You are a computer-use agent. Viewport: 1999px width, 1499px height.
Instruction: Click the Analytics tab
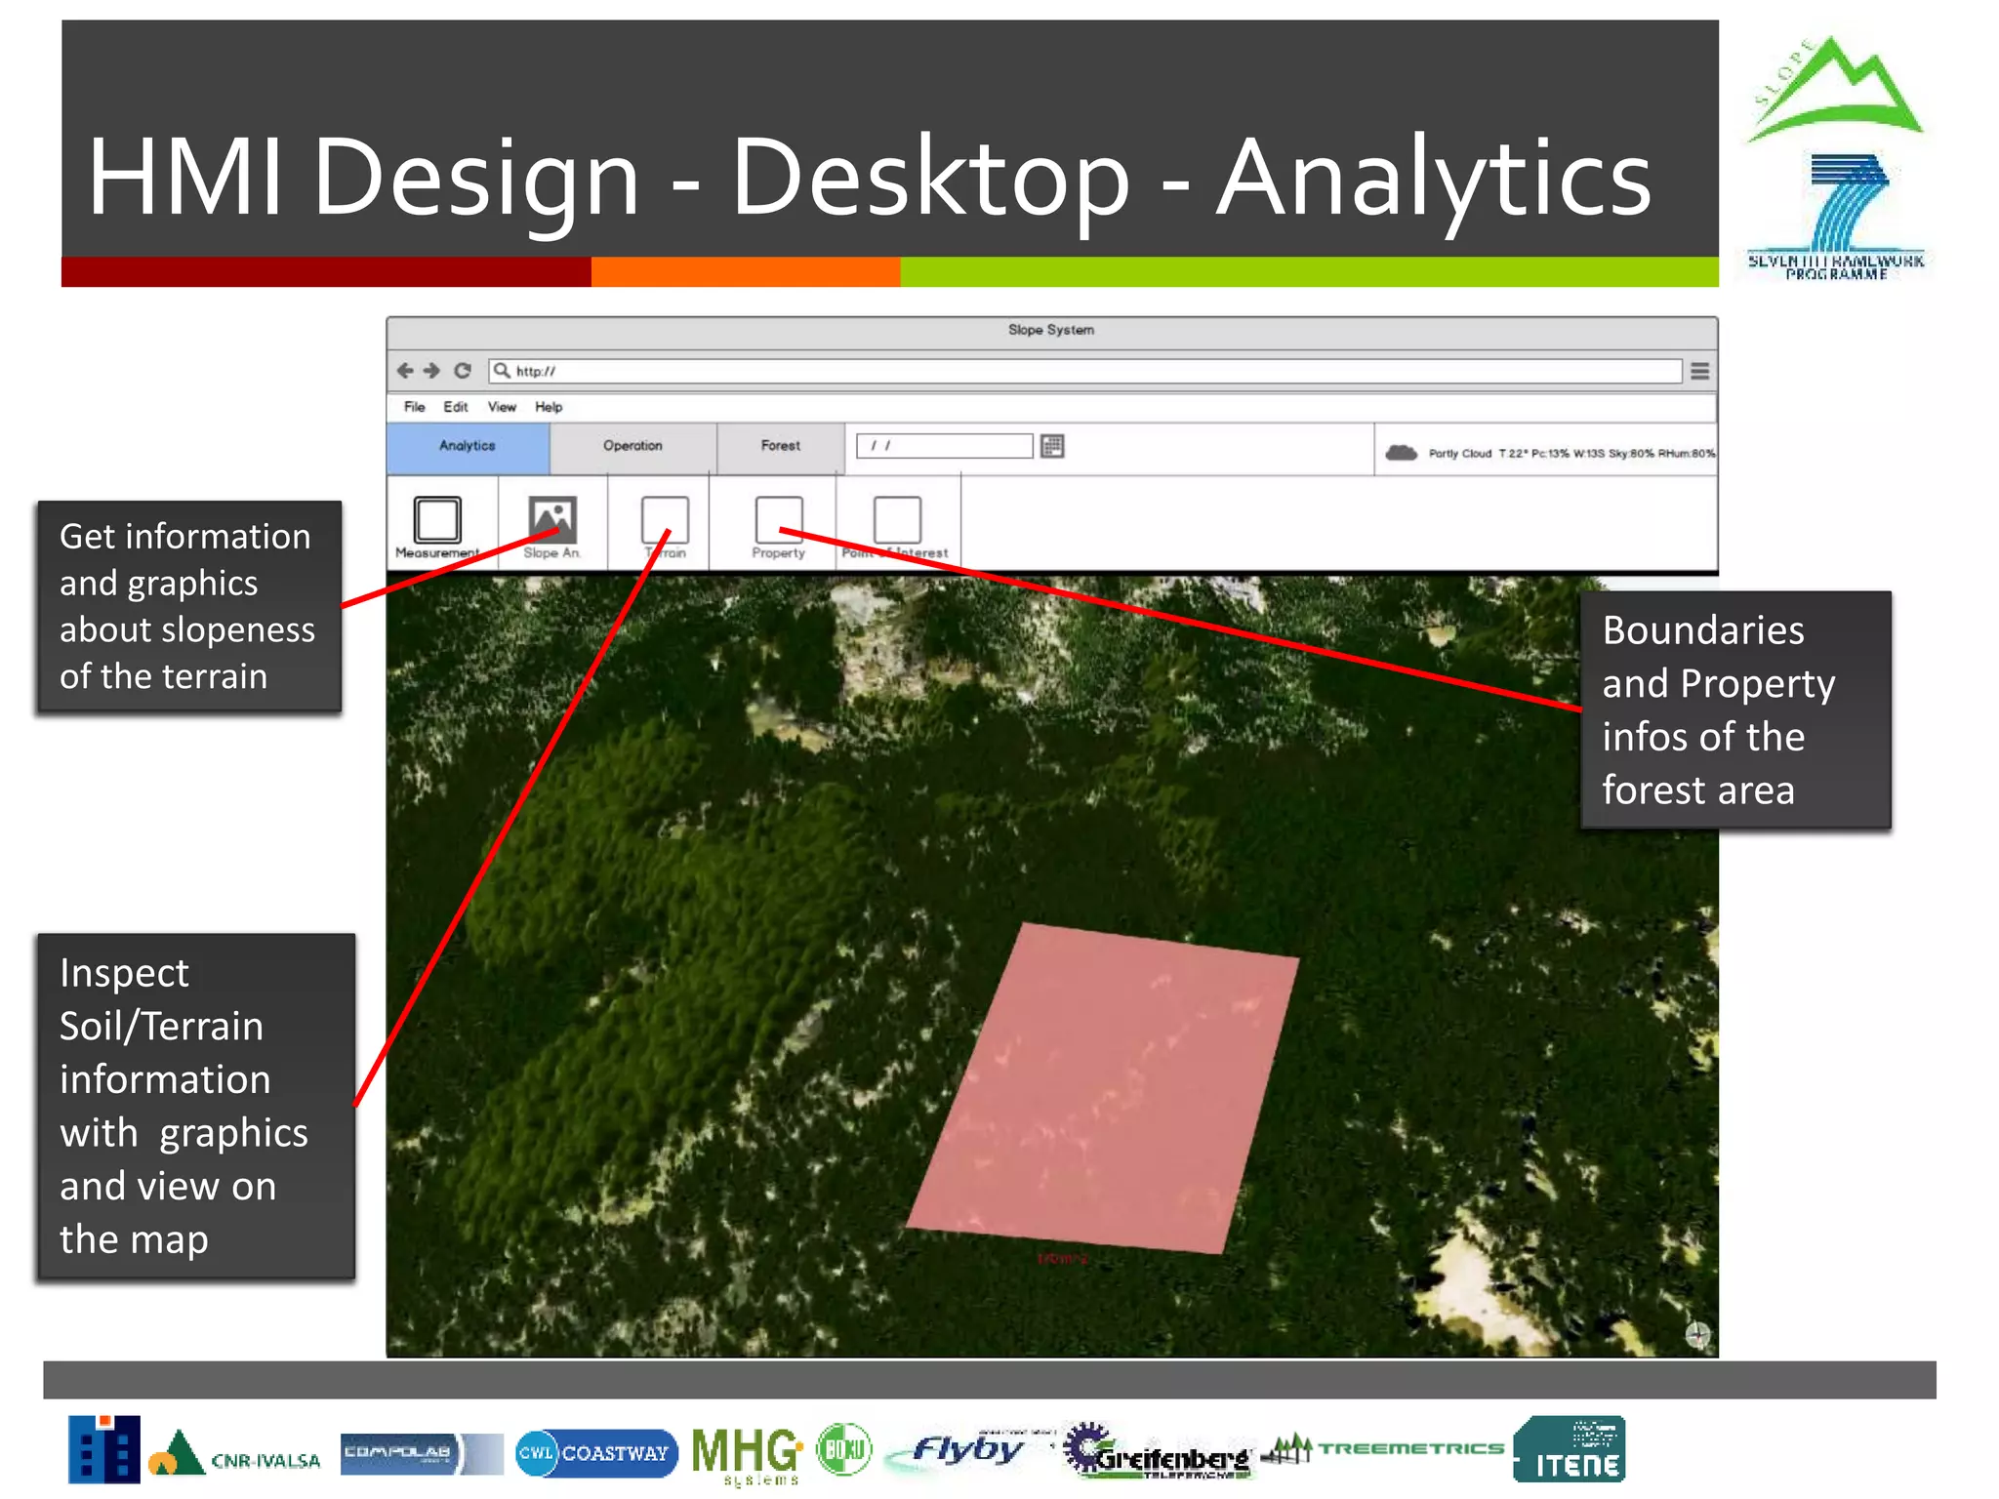(468, 447)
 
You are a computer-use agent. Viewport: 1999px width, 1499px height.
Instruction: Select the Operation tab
(632, 447)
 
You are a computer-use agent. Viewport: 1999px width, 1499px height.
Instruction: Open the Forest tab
(781, 447)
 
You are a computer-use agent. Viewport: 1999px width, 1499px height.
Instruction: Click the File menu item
(415, 407)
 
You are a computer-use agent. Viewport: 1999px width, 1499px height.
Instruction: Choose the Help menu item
(549, 407)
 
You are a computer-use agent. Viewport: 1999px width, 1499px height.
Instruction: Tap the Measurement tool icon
(437, 519)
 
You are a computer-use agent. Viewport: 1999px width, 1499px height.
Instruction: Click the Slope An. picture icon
(552, 519)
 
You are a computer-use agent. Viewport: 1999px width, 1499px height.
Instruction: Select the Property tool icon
(779, 519)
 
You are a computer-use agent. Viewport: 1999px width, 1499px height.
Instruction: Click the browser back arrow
(405, 371)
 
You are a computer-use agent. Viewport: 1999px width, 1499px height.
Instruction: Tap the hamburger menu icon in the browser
(1699, 371)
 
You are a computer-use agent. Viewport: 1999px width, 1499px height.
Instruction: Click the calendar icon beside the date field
(1052, 447)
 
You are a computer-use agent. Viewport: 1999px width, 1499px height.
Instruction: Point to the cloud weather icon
(1402, 453)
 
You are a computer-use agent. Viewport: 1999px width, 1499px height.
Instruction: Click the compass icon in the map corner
(1697, 1334)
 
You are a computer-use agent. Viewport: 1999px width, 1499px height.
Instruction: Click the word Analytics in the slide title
(1433, 178)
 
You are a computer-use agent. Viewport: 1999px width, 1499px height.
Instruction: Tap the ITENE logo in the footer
(1570, 1450)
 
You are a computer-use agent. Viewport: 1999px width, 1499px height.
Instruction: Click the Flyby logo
(966, 1450)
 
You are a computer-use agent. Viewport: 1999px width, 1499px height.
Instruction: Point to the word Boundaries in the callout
(1703, 630)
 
